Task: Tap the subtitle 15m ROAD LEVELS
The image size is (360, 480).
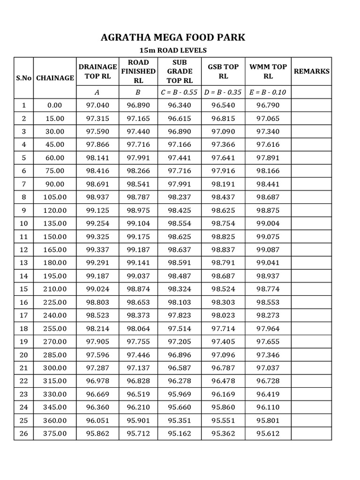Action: pyautogui.click(x=173, y=51)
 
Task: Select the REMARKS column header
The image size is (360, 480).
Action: pyautogui.click(x=311, y=71)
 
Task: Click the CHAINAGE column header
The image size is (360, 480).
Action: pyautogui.click(x=54, y=78)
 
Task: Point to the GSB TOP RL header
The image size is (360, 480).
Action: pyautogui.click(x=223, y=71)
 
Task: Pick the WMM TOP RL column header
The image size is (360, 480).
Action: pyautogui.click(x=268, y=71)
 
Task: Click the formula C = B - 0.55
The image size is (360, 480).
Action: pyautogui.click(x=179, y=92)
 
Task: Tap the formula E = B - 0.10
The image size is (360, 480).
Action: pyautogui.click(x=268, y=92)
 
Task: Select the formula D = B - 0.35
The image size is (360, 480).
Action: pyautogui.click(x=223, y=92)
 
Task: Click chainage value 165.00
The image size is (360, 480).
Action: pyautogui.click(x=54, y=250)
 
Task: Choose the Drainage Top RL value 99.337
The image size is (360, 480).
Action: pyautogui.click(x=97, y=250)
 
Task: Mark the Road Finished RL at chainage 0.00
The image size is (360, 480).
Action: pyautogui.click(x=138, y=105)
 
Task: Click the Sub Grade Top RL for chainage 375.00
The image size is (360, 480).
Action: pyautogui.click(x=179, y=434)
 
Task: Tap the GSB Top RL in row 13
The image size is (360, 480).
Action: pyautogui.click(x=223, y=263)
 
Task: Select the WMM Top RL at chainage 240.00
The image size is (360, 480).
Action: pyautogui.click(x=268, y=315)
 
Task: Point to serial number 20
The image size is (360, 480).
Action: pyautogui.click(x=24, y=355)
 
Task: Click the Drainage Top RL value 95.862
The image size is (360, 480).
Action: pyautogui.click(x=97, y=434)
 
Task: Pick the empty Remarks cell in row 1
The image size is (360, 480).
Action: pyautogui.click(x=311, y=105)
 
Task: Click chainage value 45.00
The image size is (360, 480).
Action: pyautogui.click(x=54, y=145)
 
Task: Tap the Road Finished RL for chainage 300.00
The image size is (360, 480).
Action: pyautogui.click(x=138, y=368)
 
